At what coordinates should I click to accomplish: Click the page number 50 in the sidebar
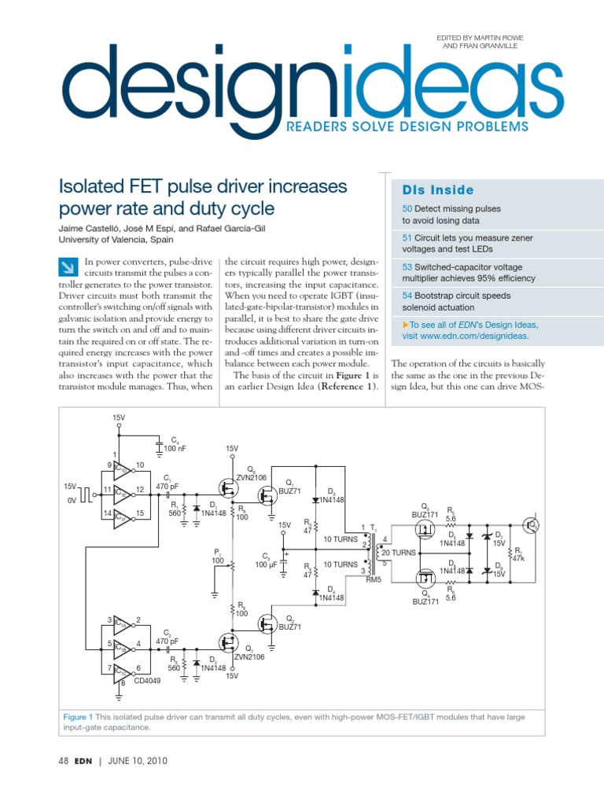(x=407, y=209)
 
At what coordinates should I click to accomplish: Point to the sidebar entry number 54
(x=407, y=296)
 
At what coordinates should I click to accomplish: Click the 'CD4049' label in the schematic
(x=146, y=681)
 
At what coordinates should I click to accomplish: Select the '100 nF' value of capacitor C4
(x=175, y=448)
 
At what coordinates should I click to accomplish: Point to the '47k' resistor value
(x=517, y=559)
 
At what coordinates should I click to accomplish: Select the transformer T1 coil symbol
(x=373, y=553)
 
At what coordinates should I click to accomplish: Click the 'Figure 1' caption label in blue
(x=79, y=717)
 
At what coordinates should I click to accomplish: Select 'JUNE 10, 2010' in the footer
(x=138, y=761)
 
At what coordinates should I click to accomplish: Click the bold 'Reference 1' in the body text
(x=349, y=387)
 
